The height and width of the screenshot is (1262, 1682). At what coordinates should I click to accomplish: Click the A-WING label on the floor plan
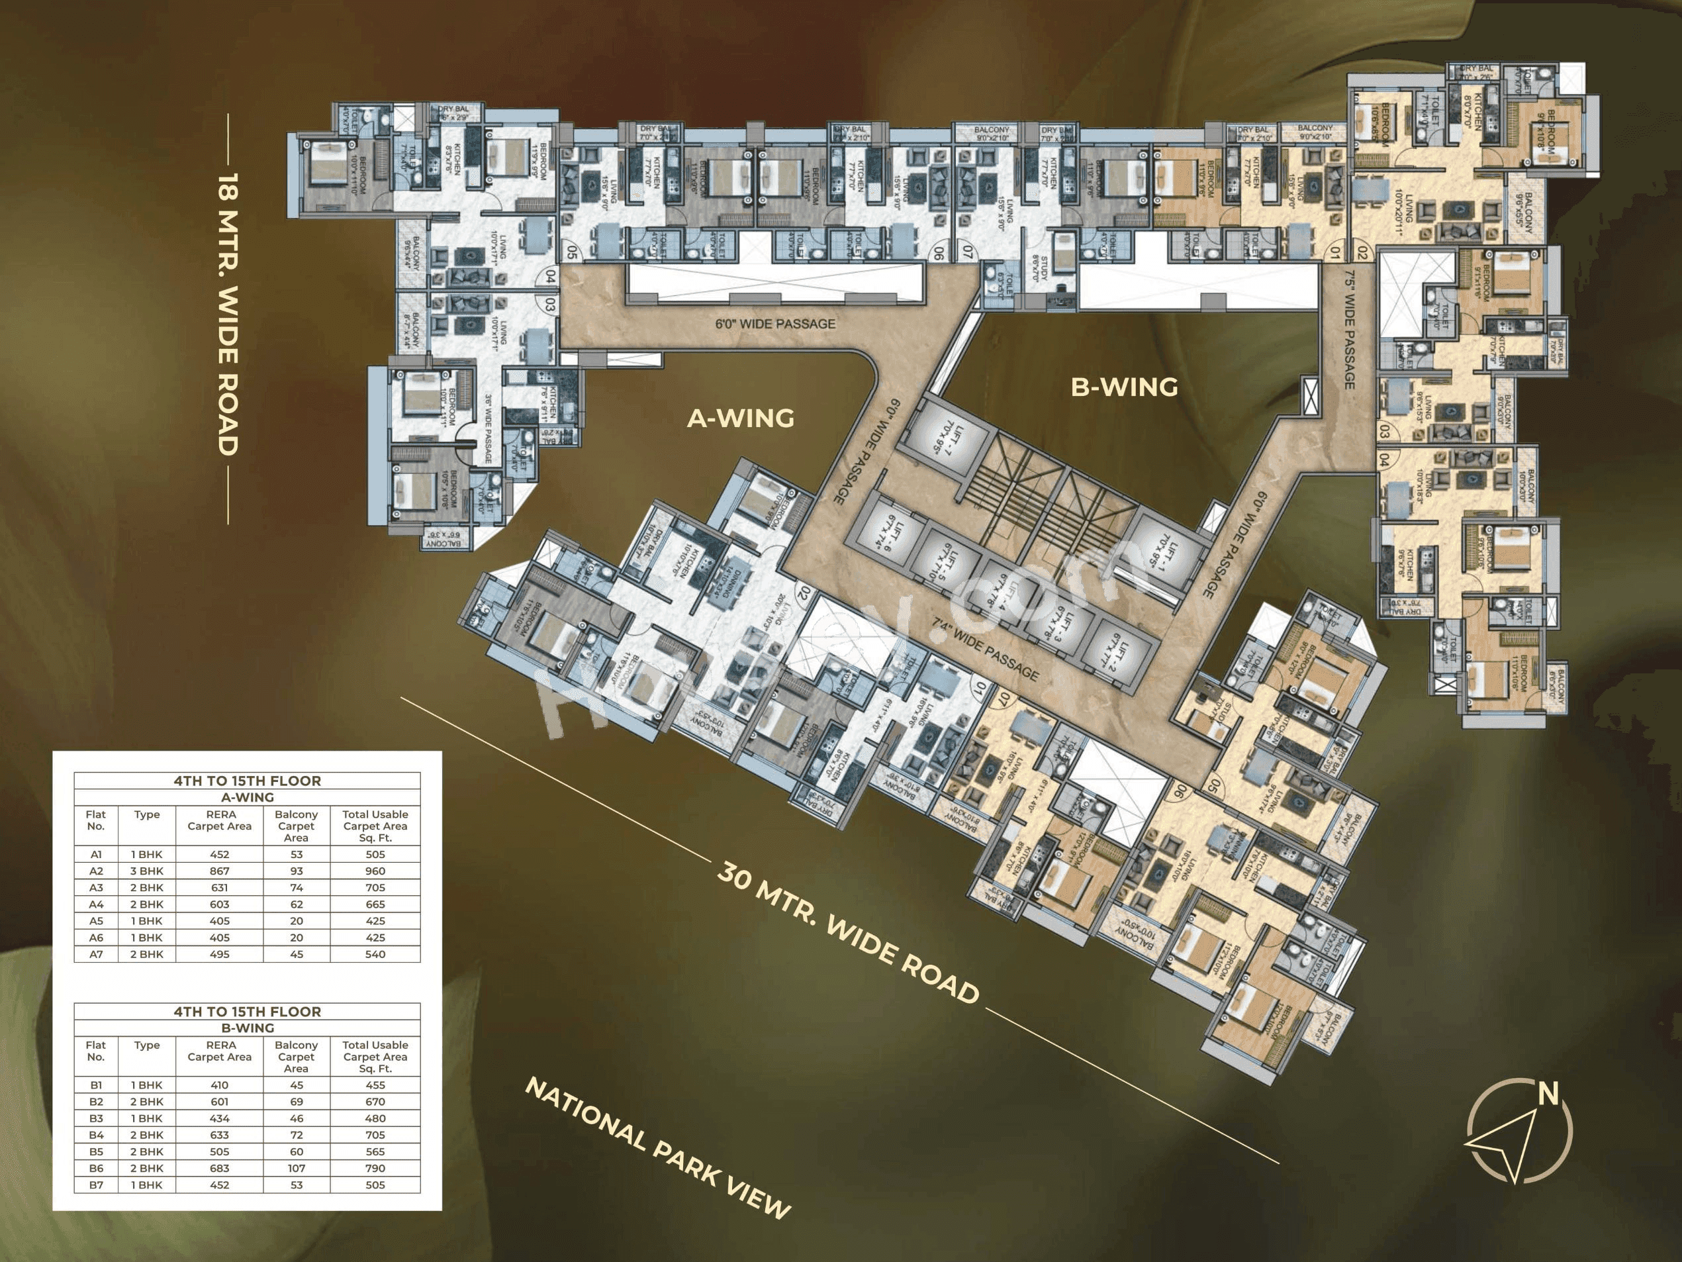coord(740,418)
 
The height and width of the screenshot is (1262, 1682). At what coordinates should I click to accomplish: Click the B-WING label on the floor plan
coord(1124,387)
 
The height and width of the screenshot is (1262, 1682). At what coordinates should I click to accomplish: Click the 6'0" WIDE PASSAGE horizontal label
coord(775,324)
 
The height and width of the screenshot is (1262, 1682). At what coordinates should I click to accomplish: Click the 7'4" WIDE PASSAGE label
coord(986,649)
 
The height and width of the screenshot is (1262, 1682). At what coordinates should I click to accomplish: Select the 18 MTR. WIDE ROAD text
coord(228,314)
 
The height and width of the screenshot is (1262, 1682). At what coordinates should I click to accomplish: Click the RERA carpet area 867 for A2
coord(219,871)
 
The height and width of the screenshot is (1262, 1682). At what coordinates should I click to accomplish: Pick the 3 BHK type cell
coord(147,871)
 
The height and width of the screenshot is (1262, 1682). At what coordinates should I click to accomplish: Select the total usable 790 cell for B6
coord(375,1169)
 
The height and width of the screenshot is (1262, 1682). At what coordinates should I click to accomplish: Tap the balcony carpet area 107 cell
coord(296,1169)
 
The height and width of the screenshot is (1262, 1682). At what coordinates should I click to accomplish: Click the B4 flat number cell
coord(96,1135)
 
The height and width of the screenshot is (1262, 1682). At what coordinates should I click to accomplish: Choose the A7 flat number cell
coord(96,954)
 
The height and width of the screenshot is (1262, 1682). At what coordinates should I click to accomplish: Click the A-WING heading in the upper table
coord(247,797)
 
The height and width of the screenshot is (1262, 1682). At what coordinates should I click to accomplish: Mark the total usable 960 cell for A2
coord(375,871)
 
